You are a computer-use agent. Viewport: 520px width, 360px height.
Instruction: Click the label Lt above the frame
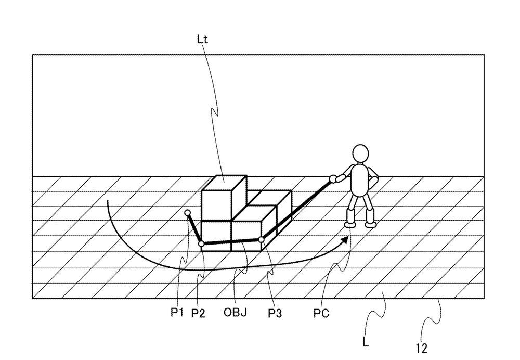[202, 40]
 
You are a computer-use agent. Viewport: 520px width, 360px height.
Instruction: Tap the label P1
[177, 312]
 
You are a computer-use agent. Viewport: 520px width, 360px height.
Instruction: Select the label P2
[198, 313]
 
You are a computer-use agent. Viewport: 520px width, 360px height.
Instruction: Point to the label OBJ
[235, 312]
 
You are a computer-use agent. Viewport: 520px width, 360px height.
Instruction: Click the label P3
[275, 313]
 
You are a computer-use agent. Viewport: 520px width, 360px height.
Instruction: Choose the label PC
[321, 313]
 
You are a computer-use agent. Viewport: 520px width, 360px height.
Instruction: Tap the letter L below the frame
[366, 343]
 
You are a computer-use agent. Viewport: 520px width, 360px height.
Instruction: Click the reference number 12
[422, 349]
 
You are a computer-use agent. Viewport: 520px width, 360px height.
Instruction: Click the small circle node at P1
[188, 213]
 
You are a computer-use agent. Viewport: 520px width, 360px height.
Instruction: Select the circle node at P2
[201, 244]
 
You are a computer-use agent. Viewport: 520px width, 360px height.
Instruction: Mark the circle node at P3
[262, 239]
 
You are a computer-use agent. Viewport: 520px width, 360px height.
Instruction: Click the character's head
[360, 153]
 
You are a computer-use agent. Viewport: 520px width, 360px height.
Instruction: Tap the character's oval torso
[359, 180]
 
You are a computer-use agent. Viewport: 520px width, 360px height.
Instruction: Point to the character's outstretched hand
[333, 179]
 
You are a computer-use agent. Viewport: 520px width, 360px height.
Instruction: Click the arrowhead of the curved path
[345, 240]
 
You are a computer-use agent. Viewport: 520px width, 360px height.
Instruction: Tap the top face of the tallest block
[224, 183]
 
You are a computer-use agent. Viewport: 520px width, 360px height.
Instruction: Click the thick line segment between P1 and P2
[194, 228]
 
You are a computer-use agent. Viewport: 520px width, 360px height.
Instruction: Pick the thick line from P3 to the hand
[297, 209]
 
